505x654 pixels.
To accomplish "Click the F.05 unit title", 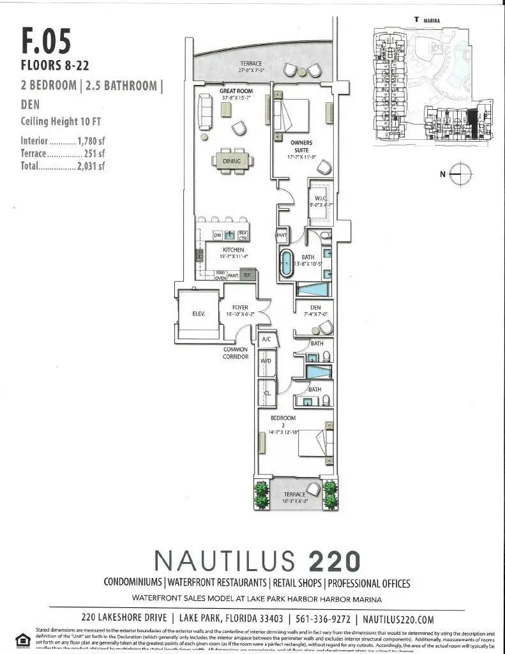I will click(x=46, y=39).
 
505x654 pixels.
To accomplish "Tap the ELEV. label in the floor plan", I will click(x=197, y=314).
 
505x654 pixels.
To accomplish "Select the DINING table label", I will click(x=232, y=162).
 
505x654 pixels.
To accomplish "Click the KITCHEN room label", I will click(x=232, y=249).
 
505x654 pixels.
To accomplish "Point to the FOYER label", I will click(x=240, y=308).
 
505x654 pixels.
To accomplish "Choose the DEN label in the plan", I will click(x=315, y=307).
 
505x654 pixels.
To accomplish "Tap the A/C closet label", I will click(x=266, y=340).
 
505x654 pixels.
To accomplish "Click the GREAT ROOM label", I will click(x=236, y=91).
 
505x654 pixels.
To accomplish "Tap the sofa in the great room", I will click(x=206, y=111).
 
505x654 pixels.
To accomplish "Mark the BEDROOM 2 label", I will click(x=282, y=422).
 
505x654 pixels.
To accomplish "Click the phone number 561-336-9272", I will click(x=325, y=619).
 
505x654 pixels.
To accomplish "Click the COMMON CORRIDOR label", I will click(x=236, y=353).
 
